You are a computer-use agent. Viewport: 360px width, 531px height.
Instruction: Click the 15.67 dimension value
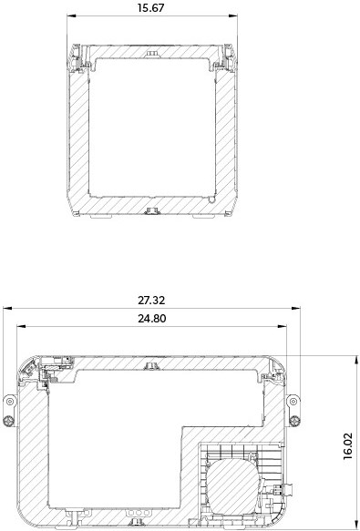point(150,8)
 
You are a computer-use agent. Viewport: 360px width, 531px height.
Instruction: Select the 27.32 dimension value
point(151,300)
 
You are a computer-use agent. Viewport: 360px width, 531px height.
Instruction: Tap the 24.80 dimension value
point(152,319)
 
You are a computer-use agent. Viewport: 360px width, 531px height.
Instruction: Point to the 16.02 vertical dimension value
point(348,446)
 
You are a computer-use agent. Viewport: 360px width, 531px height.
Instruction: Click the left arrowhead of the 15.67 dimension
point(71,15)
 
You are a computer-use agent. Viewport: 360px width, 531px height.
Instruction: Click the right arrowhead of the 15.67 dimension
point(233,15)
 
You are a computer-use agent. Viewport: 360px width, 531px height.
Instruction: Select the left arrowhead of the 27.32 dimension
point(7,308)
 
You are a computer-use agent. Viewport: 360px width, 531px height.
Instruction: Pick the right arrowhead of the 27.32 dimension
point(295,308)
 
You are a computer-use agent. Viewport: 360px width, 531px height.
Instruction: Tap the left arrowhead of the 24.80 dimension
point(21,326)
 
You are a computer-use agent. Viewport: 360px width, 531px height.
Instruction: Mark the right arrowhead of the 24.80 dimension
point(282,326)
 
